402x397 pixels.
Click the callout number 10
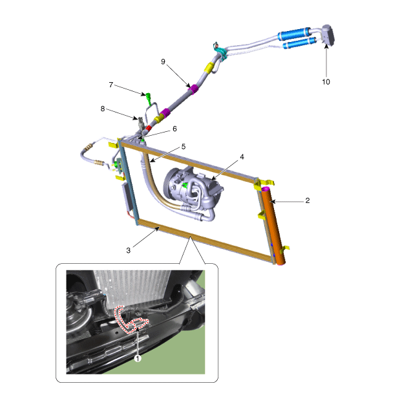pyautogui.click(x=326, y=82)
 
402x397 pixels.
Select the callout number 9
pyautogui.click(x=163, y=61)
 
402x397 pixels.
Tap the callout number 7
pyautogui.click(x=111, y=85)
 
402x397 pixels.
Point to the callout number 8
pyautogui.click(x=103, y=109)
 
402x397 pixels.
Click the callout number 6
pyautogui.click(x=175, y=129)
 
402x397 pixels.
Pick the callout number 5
pyautogui.click(x=184, y=146)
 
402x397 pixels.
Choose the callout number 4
pyautogui.click(x=242, y=156)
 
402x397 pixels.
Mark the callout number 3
pyautogui.click(x=129, y=250)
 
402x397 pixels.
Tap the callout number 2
pyautogui.click(x=308, y=200)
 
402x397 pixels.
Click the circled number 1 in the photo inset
pyautogui.click(x=138, y=358)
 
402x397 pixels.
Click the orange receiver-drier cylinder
pyautogui.click(x=273, y=226)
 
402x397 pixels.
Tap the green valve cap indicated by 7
pyautogui.click(x=149, y=98)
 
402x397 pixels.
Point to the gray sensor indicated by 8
pyautogui.click(x=141, y=123)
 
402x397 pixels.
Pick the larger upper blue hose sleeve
pyautogui.click(x=294, y=34)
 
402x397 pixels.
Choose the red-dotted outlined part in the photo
pyautogui.click(x=130, y=320)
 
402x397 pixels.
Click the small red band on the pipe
pyautogui.click(x=149, y=128)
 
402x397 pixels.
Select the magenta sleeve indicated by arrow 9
pyautogui.click(x=193, y=89)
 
